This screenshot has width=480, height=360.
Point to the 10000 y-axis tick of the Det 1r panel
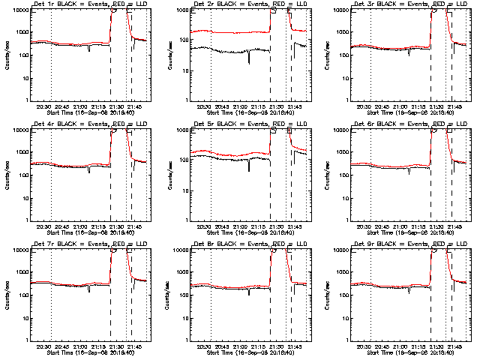click(x=19, y=10)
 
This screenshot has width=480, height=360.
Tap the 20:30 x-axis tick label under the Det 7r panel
click(x=44, y=346)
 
